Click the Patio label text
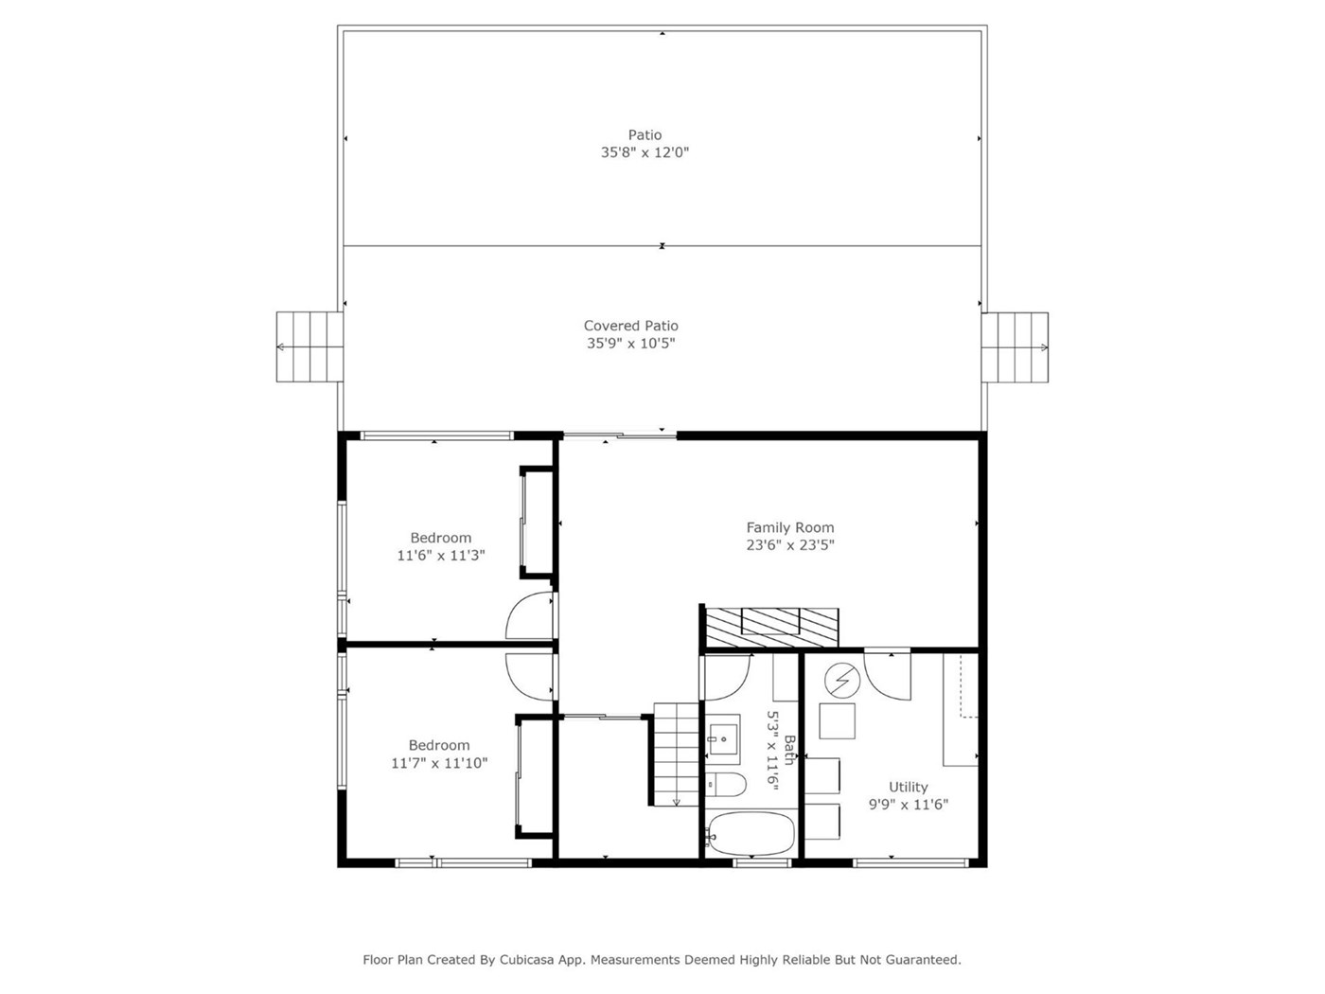coord(645,134)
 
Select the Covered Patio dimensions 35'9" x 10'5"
coord(630,344)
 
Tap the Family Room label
coord(789,527)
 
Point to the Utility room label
coord(908,787)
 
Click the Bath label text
coord(788,750)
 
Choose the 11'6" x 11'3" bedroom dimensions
coord(441,556)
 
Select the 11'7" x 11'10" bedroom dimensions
coord(439,763)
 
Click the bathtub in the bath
coord(750,833)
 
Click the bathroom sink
coord(722,739)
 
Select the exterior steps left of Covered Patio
coord(309,346)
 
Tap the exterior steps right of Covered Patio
coord(1015,347)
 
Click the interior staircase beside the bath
coord(676,754)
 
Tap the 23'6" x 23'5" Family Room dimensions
coord(789,545)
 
